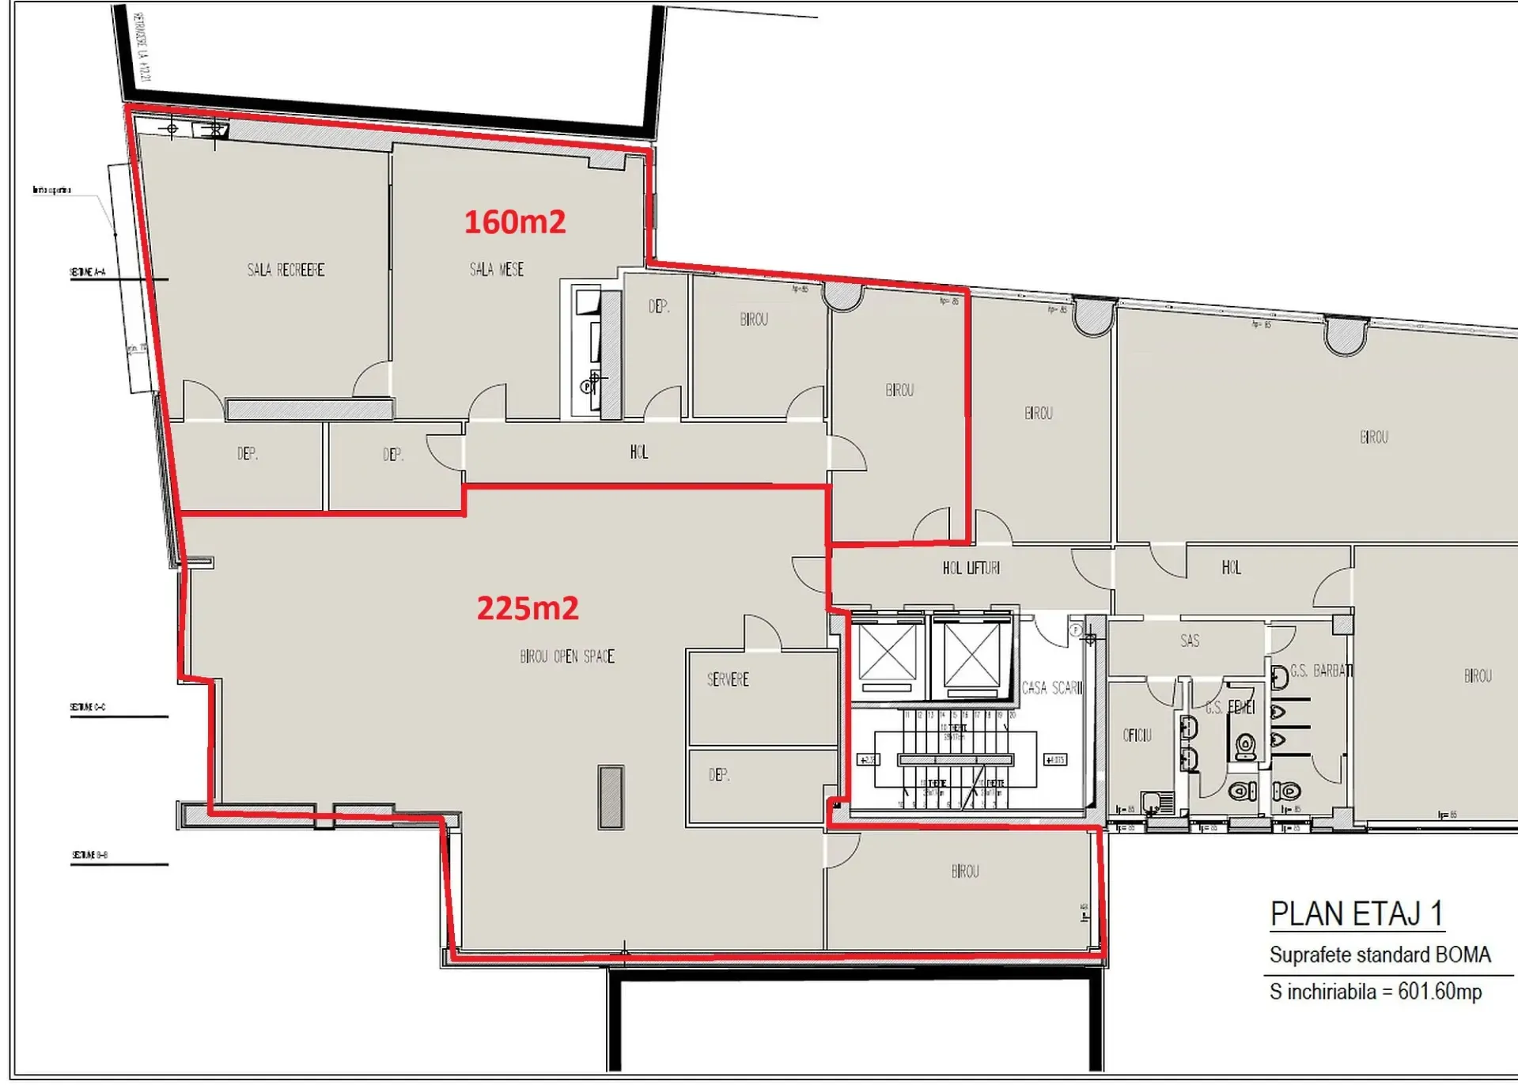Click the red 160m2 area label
(x=514, y=222)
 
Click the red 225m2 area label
(x=527, y=608)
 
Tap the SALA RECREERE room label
(x=286, y=270)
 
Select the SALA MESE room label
(x=496, y=270)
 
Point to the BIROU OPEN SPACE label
(x=566, y=656)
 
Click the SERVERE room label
(x=727, y=679)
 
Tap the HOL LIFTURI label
(x=971, y=568)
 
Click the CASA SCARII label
(x=1051, y=687)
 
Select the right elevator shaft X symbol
(x=971, y=654)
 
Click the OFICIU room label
(x=1137, y=735)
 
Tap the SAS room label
(x=1189, y=641)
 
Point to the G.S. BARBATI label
(x=1321, y=671)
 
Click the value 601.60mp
(x=1439, y=991)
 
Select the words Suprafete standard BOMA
(x=1380, y=955)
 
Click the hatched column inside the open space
(x=611, y=796)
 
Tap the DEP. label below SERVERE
(x=718, y=775)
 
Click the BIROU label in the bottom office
(x=964, y=871)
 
